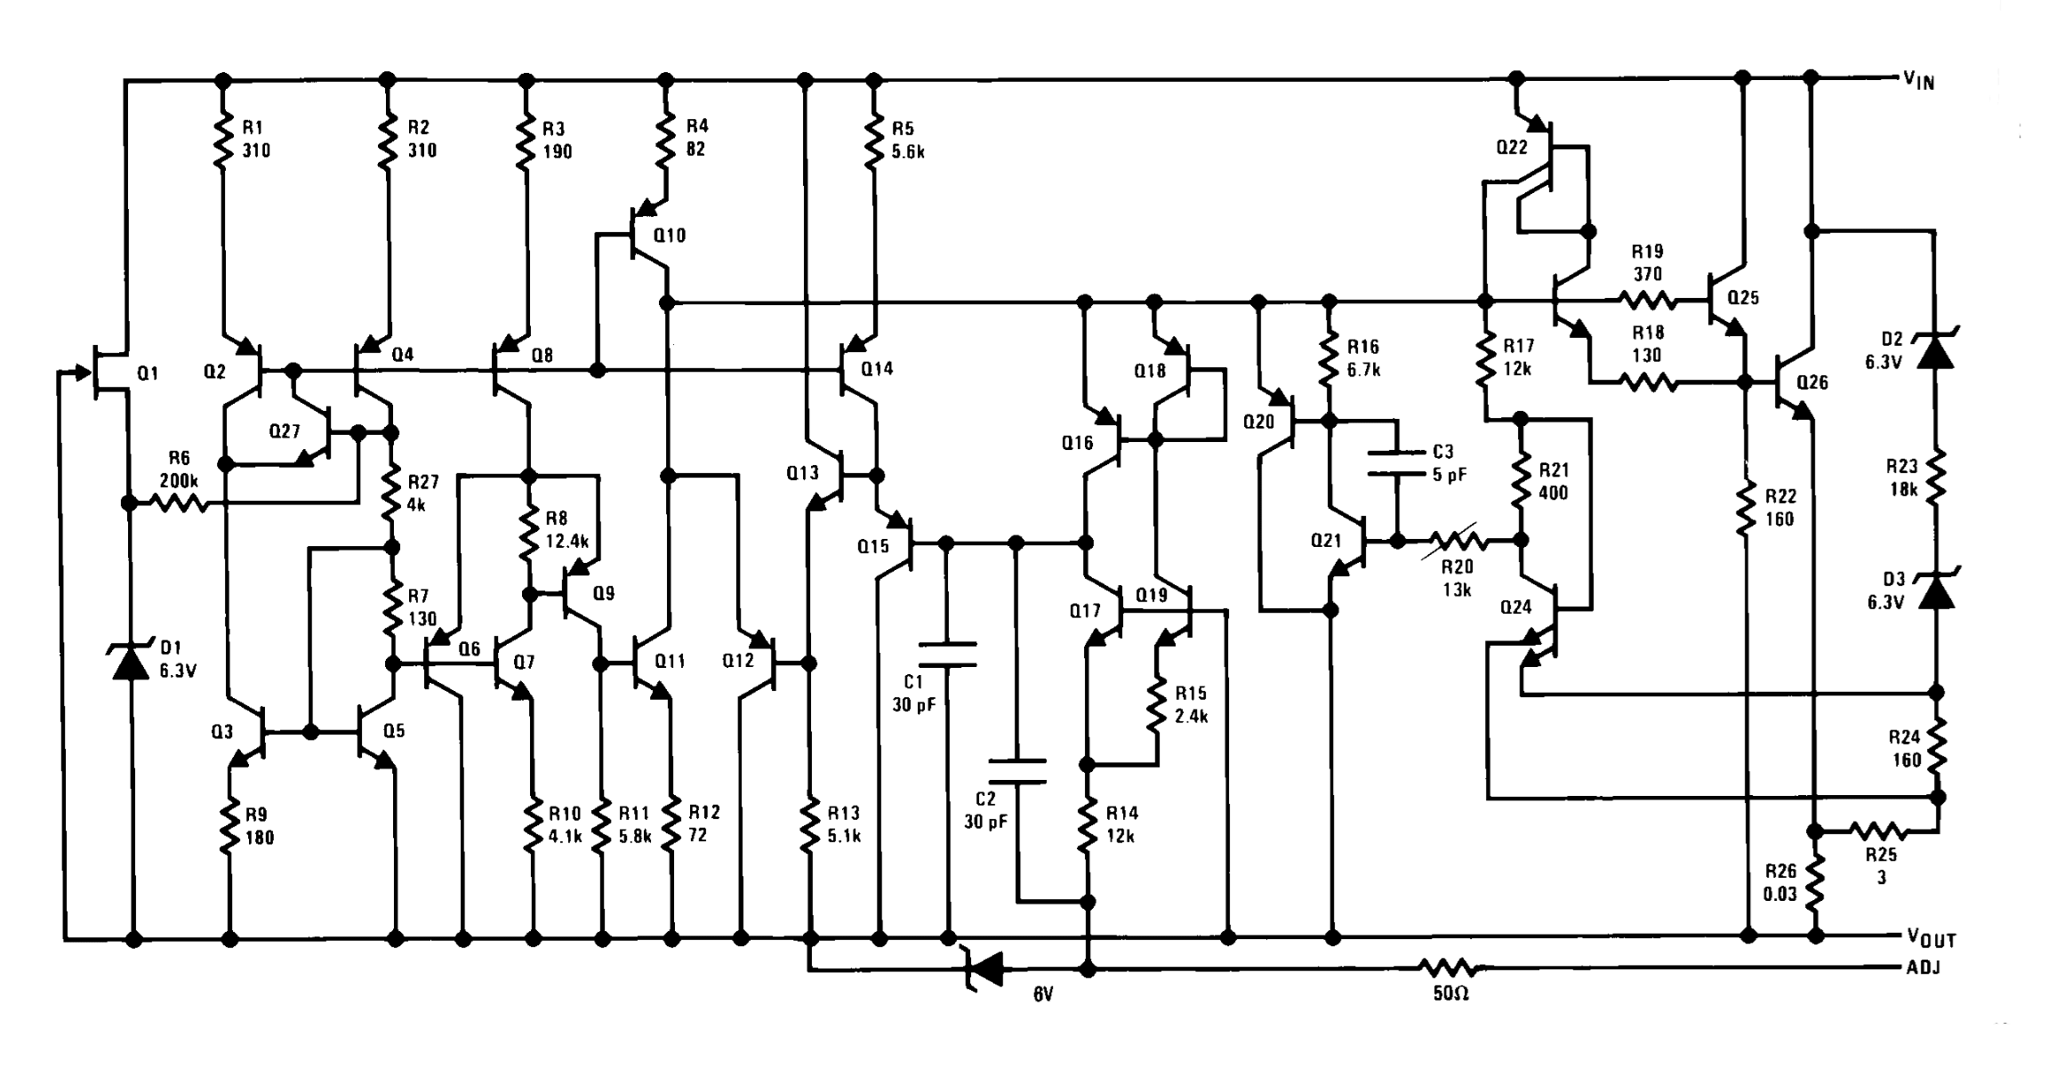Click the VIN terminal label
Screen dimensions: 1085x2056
coord(1918,82)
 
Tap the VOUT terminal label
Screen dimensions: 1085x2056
coord(1930,937)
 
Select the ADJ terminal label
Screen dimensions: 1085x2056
coord(1923,968)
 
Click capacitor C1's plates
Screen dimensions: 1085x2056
coord(947,655)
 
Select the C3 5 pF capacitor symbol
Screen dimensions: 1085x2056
coord(1397,463)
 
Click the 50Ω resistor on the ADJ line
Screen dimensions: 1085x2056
coord(1450,968)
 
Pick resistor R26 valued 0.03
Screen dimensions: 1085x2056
coord(1814,880)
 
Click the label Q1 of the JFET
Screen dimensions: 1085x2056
coord(148,374)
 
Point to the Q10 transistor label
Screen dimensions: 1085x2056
coord(669,236)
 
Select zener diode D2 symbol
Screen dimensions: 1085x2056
coord(1936,351)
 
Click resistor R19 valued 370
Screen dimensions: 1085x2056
coord(1647,302)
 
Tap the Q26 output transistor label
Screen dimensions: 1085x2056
coord(1811,382)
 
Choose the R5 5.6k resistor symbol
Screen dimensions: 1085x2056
coord(876,141)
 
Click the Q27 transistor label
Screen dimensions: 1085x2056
coord(285,431)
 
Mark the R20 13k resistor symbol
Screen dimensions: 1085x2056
coord(1457,540)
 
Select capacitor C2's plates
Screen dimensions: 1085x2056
coord(1017,772)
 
